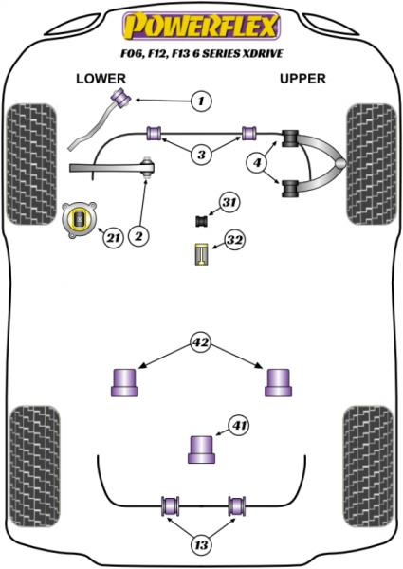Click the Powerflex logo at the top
(200, 20)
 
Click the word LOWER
(100, 79)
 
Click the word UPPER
(303, 79)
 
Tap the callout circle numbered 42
(200, 342)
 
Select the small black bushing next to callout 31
(201, 222)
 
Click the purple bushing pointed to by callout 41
(200, 448)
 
